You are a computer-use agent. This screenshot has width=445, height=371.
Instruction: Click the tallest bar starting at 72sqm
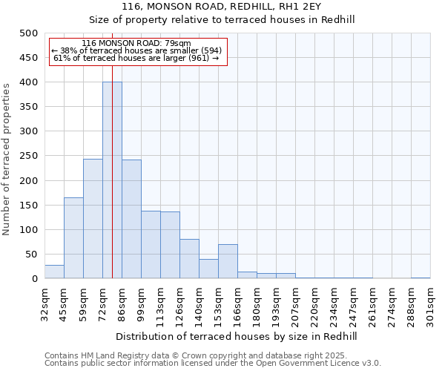pos(112,180)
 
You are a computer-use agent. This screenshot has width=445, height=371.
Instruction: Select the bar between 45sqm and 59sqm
pos(73,238)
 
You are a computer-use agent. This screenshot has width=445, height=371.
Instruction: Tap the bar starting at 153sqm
pos(228,261)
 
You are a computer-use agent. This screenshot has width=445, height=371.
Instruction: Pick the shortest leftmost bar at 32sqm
pos(54,272)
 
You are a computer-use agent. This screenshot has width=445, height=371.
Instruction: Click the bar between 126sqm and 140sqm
pos(189,259)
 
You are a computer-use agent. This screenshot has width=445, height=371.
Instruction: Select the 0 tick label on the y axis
pos(34,279)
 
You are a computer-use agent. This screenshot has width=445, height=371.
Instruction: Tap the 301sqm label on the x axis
pos(430,305)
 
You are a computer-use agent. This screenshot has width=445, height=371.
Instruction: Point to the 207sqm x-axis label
pos(295,305)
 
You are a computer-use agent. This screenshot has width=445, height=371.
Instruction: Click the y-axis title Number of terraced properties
pos(7,159)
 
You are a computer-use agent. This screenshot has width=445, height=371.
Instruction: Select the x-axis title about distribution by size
pos(237,336)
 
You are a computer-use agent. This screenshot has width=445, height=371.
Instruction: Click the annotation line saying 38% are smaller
pos(136,50)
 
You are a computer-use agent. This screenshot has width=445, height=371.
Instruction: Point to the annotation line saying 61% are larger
pos(136,58)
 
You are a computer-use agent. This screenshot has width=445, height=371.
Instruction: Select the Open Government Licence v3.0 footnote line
pos(212,364)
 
